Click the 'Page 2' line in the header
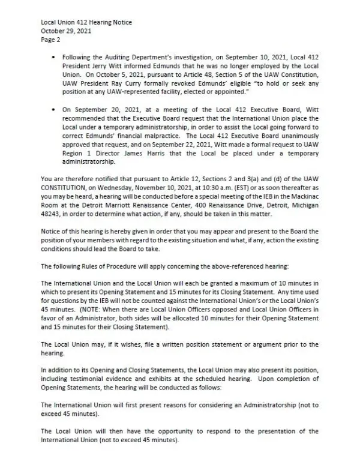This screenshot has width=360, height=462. point(50,40)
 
